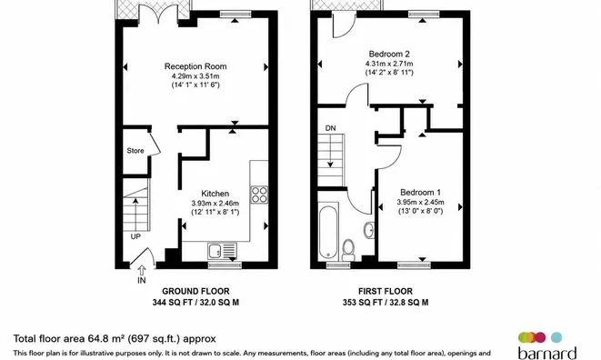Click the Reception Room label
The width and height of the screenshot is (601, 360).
[x=195, y=66]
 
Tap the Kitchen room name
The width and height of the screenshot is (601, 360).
[x=215, y=194]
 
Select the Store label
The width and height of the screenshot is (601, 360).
[x=135, y=151]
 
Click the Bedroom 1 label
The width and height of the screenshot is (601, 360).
[x=420, y=193]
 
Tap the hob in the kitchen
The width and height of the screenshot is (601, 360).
[x=259, y=195]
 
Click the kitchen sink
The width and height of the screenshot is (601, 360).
[x=222, y=251]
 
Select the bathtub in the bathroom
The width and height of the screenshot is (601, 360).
[x=328, y=233]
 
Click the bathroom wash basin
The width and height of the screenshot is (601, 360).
[x=369, y=230]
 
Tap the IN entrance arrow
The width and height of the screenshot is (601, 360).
[x=142, y=270]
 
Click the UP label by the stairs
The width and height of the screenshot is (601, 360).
[x=135, y=237]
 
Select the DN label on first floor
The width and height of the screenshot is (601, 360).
[x=330, y=128]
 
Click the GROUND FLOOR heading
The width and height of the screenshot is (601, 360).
[x=195, y=292]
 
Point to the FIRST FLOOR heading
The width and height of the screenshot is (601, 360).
[x=386, y=292]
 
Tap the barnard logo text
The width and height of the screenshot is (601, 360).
[x=547, y=353]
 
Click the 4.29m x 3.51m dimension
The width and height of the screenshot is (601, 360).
[x=195, y=76]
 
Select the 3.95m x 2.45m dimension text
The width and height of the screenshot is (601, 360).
[x=420, y=202]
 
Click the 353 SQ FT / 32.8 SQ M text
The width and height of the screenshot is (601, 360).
[x=386, y=303]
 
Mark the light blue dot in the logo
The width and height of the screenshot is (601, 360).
[x=556, y=337]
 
